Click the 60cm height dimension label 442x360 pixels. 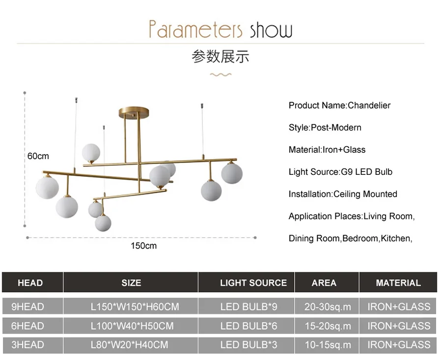(38, 156)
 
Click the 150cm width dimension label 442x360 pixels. (143, 246)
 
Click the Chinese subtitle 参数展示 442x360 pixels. (221, 56)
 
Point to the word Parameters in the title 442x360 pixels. (195, 29)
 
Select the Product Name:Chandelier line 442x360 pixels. (339, 105)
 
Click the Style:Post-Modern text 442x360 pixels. (325, 128)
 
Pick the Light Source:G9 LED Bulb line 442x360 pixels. (340, 172)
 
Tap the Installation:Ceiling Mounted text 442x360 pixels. (343, 194)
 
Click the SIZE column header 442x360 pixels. (131, 283)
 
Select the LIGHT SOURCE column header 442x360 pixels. (253, 283)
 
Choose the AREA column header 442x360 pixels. (324, 283)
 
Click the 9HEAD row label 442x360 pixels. (28, 307)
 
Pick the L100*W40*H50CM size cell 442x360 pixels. (132, 326)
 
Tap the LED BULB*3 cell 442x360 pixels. (249, 345)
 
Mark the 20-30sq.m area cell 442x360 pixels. (328, 307)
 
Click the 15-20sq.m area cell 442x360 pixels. (328, 326)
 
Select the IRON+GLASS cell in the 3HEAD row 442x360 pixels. (399, 345)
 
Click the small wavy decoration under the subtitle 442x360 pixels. (221, 75)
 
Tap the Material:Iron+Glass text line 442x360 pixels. (327, 150)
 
